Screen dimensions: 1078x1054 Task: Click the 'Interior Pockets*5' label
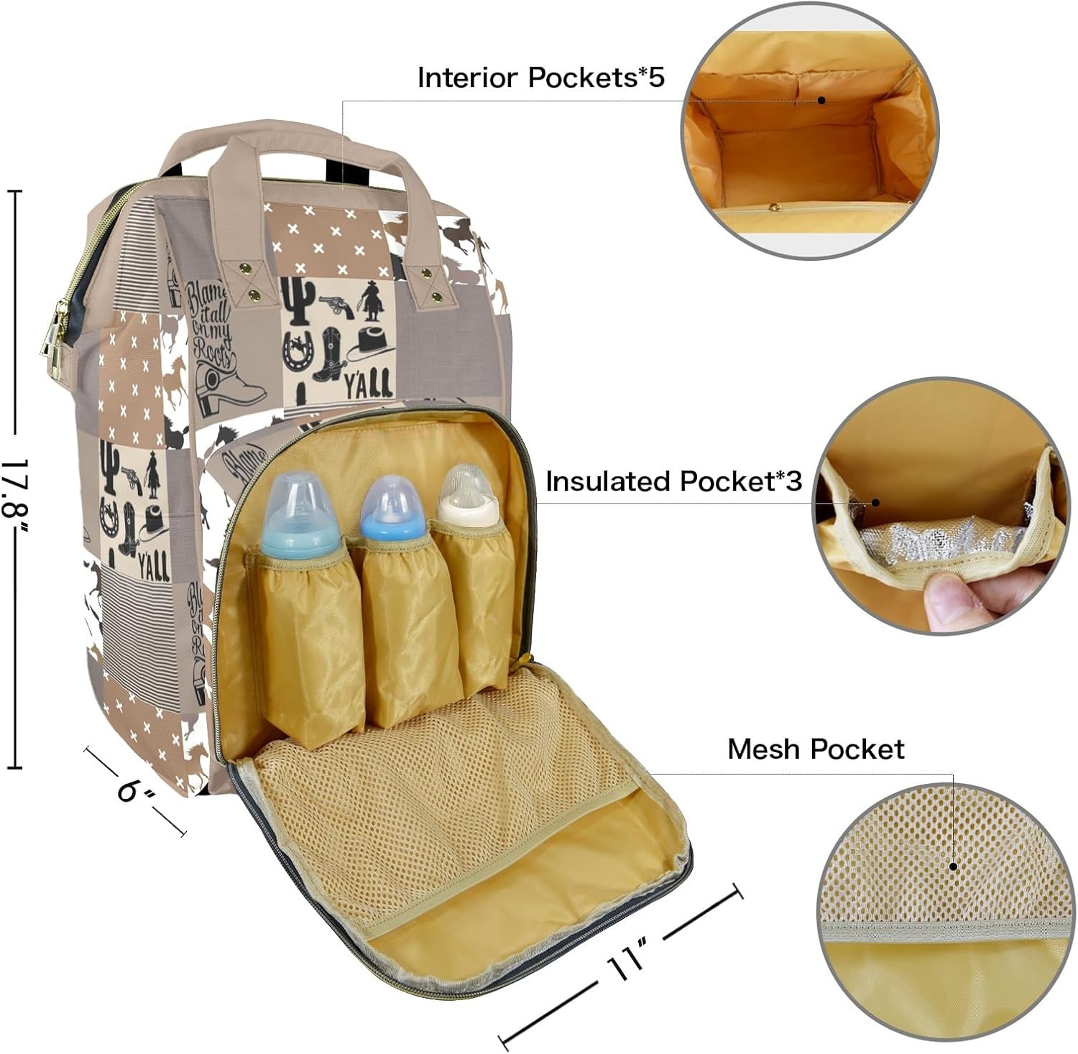[540, 78]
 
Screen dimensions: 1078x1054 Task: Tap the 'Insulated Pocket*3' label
[673, 481]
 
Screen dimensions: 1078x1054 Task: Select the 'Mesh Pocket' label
[815, 749]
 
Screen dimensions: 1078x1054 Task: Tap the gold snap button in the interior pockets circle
[775, 208]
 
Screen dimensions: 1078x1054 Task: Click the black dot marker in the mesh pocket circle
[954, 866]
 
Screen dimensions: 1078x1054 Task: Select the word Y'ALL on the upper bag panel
[367, 384]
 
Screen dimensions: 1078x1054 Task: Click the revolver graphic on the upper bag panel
[336, 305]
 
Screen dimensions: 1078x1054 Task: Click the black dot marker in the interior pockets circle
[821, 101]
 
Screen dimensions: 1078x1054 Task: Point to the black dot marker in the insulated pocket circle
[876, 503]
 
